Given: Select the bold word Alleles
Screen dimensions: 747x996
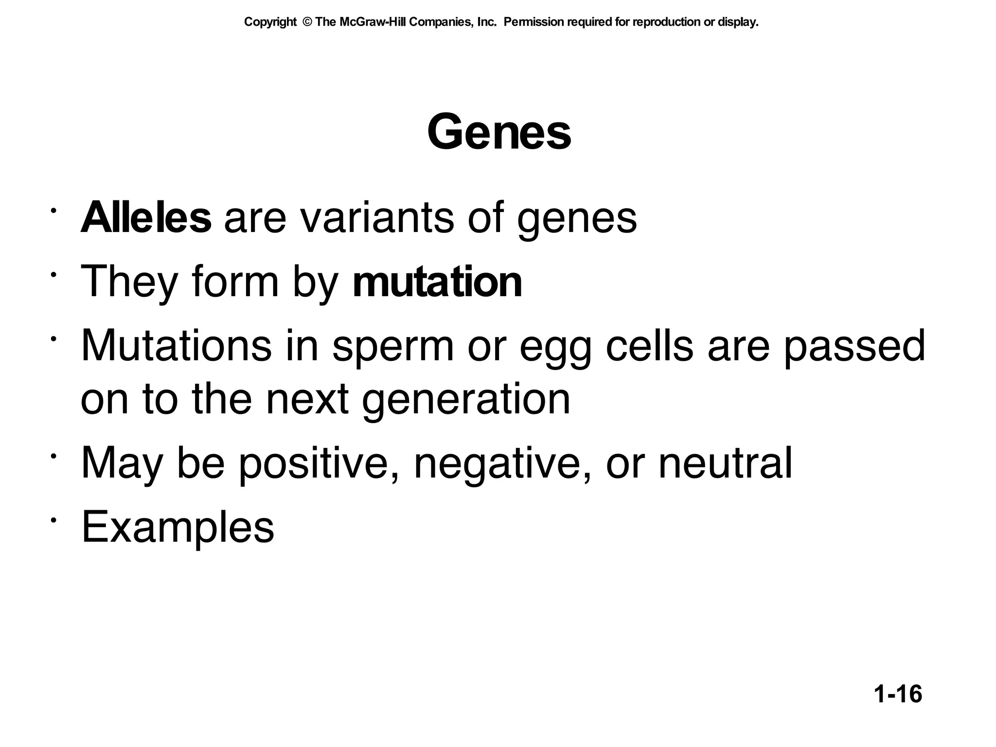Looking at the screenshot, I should point(146,218).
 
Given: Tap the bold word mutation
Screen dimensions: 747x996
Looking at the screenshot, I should point(437,282).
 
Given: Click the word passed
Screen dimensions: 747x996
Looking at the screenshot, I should point(854,346).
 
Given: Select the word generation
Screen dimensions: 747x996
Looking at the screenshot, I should point(466,400).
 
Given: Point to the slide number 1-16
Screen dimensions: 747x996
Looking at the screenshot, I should point(898,694).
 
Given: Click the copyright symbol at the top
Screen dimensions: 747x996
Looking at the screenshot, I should point(306,22).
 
